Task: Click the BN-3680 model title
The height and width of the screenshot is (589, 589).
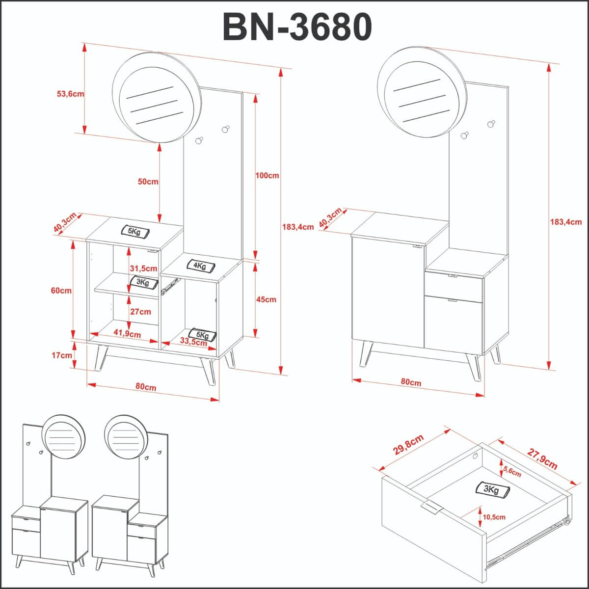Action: [x=297, y=27]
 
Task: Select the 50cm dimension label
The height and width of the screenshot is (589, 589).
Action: [x=148, y=182]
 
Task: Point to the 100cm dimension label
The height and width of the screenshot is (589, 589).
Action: [x=267, y=175]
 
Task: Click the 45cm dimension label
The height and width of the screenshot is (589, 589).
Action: [x=266, y=299]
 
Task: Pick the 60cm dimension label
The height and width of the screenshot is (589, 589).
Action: [x=61, y=290]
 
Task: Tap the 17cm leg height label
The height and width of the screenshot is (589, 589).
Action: [x=62, y=355]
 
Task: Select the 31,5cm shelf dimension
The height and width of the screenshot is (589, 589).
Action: [x=143, y=268]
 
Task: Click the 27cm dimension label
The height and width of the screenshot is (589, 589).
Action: [x=141, y=312]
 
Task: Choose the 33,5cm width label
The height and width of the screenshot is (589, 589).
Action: [x=193, y=342]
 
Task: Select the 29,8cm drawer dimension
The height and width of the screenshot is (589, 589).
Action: [x=408, y=444]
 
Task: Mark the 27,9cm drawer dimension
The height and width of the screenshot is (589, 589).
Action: [x=543, y=458]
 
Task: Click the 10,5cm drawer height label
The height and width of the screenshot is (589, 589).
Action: [x=494, y=517]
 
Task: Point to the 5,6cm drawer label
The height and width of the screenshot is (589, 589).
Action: [x=512, y=472]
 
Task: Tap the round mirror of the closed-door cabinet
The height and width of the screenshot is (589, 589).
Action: [x=421, y=92]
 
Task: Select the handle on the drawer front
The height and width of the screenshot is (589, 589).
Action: [x=431, y=507]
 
